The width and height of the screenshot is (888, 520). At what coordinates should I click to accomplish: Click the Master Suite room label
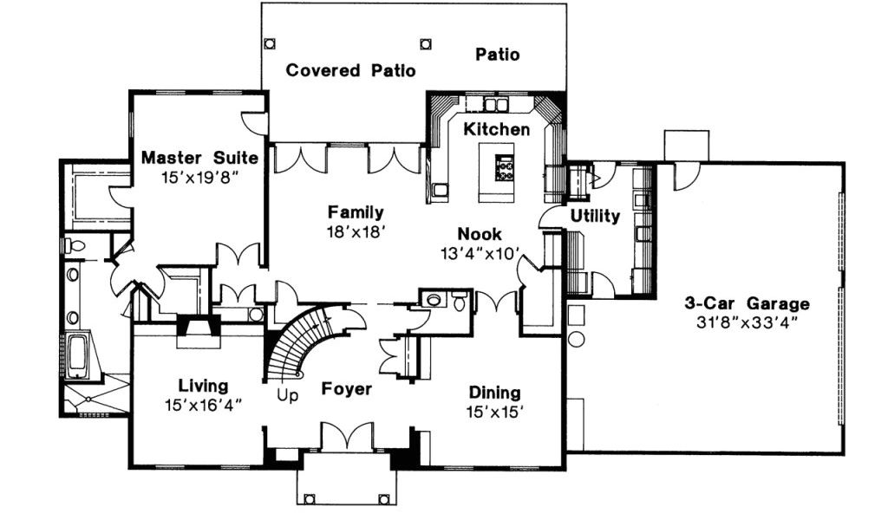click(x=199, y=158)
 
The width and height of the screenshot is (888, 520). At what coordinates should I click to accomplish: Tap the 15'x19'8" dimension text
click(x=199, y=177)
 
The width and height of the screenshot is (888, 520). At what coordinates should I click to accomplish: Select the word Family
click(x=356, y=211)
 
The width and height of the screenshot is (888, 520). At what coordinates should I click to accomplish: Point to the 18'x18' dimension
click(x=356, y=231)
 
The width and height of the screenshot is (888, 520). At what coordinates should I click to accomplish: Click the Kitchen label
click(x=496, y=129)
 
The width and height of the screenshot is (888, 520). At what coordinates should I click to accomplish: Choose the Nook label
click(x=480, y=234)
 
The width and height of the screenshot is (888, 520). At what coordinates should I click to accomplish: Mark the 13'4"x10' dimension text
click(x=480, y=254)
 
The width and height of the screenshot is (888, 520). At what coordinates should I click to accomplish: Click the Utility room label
click(x=595, y=216)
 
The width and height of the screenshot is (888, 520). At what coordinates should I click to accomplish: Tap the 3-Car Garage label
click(x=747, y=303)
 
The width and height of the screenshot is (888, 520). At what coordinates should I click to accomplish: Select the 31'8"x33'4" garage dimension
click(x=747, y=322)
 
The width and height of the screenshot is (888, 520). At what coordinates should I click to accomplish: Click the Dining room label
click(x=494, y=392)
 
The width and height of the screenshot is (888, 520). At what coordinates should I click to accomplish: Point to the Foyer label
click(x=347, y=389)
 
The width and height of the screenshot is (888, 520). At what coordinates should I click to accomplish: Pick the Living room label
click(x=203, y=385)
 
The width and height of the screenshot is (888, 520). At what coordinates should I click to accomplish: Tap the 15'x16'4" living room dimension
click(x=203, y=404)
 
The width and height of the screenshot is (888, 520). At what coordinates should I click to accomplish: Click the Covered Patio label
click(x=350, y=70)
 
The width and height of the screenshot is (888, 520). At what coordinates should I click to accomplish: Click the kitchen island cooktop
click(x=504, y=165)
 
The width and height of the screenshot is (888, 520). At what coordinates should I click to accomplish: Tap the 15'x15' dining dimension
click(x=494, y=412)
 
